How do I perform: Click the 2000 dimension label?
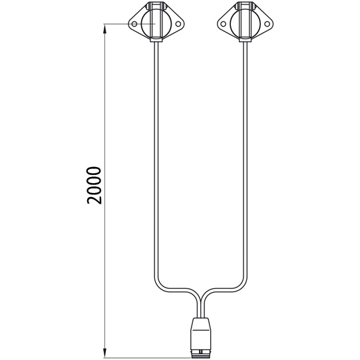coord(94,185)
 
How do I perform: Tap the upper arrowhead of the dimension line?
coord(104,29)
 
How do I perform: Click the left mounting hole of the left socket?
coord(134,24)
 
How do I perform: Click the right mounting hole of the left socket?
coord(178,24)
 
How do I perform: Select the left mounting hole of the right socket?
coord(223,24)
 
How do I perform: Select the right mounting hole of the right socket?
coord(267,24)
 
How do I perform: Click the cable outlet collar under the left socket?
coord(156,40)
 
